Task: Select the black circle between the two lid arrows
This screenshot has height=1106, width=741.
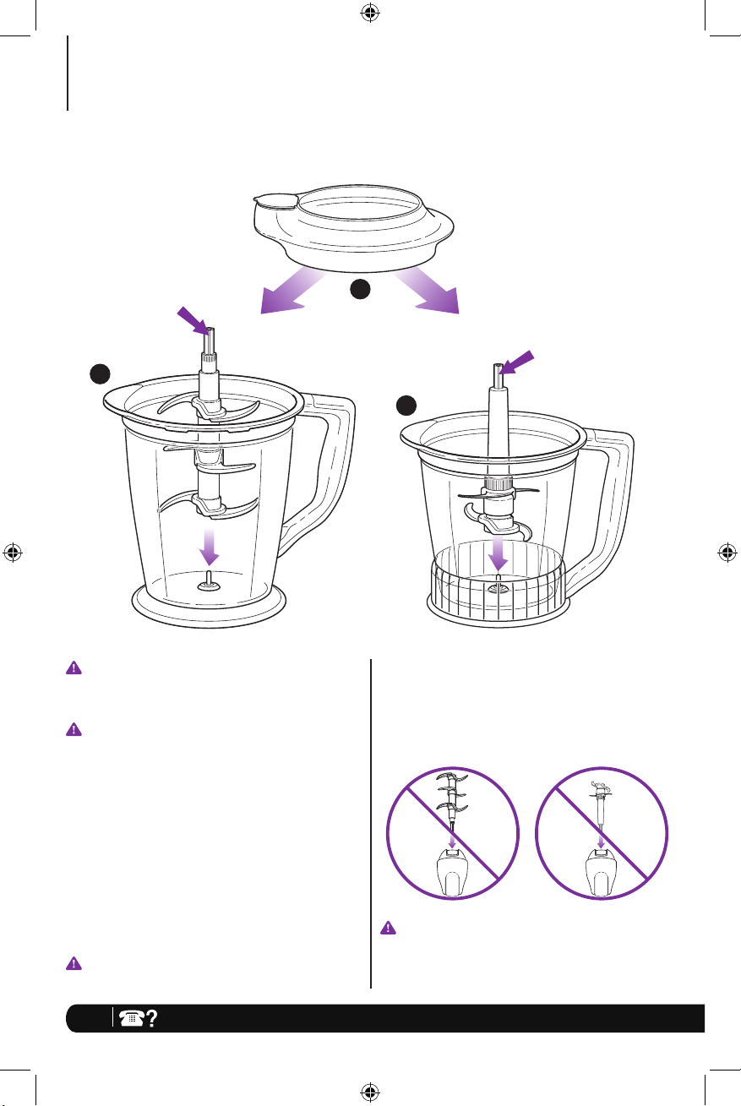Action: click(x=361, y=290)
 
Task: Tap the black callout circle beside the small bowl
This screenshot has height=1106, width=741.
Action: click(x=408, y=405)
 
